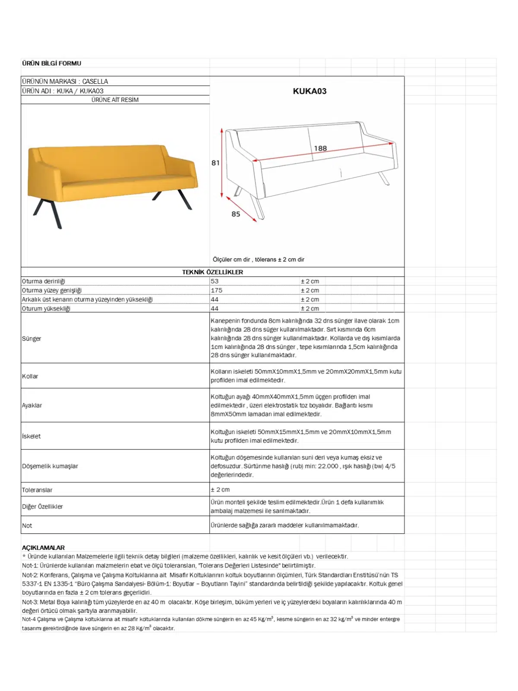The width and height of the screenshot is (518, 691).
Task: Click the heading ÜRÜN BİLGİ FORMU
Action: [52, 63]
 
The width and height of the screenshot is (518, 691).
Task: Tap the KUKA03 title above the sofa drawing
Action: [310, 91]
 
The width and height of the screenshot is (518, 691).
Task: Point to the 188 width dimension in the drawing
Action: [320, 149]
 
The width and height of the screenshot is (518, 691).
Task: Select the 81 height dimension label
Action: [215, 163]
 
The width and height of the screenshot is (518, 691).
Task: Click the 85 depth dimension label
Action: [236, 214]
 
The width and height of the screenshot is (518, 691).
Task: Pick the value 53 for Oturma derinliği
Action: [215, 281]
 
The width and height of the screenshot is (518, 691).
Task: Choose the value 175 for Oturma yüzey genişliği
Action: [217, 290]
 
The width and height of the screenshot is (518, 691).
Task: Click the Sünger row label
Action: [32, 339]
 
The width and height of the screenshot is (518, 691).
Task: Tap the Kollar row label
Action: [30, 376]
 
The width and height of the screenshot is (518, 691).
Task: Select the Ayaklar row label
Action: [32, 405]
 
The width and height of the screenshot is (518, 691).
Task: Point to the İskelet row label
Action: [32, 436]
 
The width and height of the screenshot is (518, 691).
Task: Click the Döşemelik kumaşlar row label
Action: [50, 466]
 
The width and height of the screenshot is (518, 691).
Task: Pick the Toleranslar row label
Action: [37, 490]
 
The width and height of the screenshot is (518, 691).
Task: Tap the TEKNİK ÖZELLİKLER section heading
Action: [212, 272]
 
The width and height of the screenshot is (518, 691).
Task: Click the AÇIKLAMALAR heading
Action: [43, 548]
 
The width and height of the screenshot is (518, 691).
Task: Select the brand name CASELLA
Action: [95, 81]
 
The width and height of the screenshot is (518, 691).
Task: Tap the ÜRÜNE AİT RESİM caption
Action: [115, 100]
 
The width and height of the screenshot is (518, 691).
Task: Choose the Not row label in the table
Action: [27, 526]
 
